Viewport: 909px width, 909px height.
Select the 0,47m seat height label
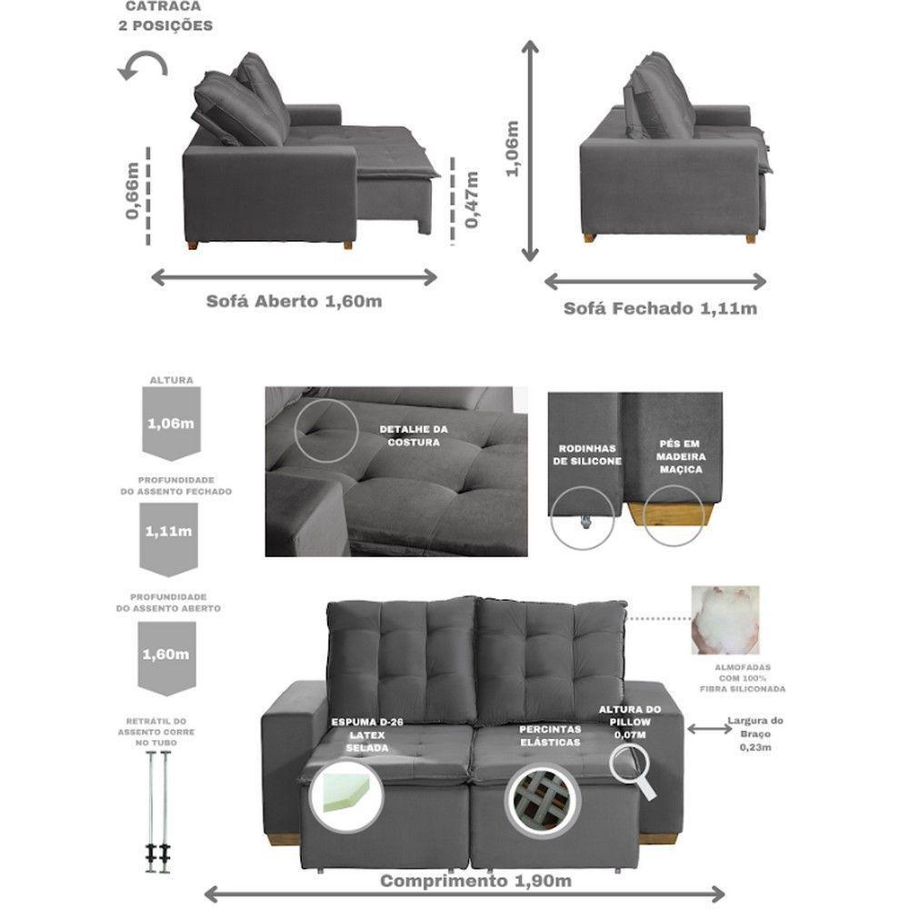(472, 201)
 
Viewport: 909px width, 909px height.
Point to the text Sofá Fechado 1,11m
(660, 308)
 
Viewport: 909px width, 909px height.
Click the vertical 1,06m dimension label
(512, 148)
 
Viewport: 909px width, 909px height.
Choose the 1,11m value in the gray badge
(167, 532)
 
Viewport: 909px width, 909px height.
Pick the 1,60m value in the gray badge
(167, 653)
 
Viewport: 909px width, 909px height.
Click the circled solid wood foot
(673, 515)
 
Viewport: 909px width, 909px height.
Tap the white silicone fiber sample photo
(724, 620)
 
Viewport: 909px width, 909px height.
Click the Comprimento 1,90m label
(475, 881)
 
